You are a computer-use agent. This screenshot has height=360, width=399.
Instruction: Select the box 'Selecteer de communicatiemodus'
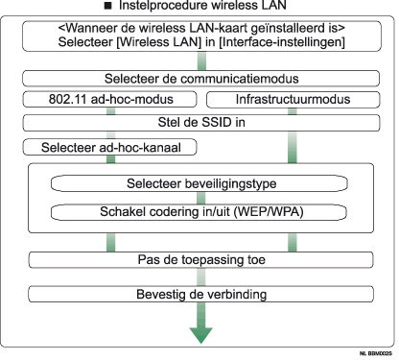click(199, 78)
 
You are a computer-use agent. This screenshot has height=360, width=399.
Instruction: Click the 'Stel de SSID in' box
click(199, 122)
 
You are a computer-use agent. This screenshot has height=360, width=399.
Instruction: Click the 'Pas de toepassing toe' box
click(199, 260)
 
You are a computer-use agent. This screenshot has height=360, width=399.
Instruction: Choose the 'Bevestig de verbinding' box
click(199, 290)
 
